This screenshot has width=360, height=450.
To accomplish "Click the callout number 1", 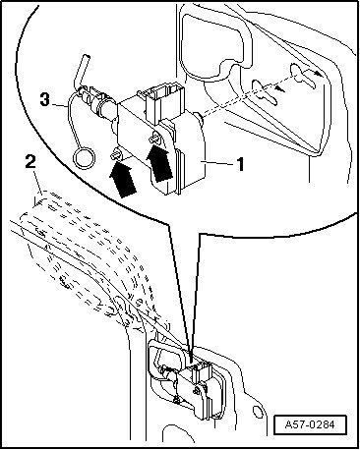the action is coord(241,164).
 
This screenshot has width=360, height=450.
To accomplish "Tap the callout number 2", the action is coord(30,163).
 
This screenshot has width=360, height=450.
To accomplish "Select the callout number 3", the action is coord(45,99).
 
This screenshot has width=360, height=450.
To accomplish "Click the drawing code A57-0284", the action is coord(310,424).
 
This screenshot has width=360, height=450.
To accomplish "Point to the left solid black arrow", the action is coord(123,181).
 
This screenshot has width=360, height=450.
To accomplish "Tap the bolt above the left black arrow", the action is coord(116,153).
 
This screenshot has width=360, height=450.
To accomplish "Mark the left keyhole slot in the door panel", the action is coord(264,92).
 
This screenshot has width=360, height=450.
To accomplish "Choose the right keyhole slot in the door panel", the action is coord(303,76).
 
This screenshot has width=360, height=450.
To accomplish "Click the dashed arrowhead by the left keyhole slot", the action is coord(277,88).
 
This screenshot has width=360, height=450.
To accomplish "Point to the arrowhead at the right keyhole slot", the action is coord(317,74).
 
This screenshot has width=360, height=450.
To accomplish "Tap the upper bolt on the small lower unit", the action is coord(197,390).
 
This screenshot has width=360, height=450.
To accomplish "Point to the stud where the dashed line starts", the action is coord(199,119).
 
